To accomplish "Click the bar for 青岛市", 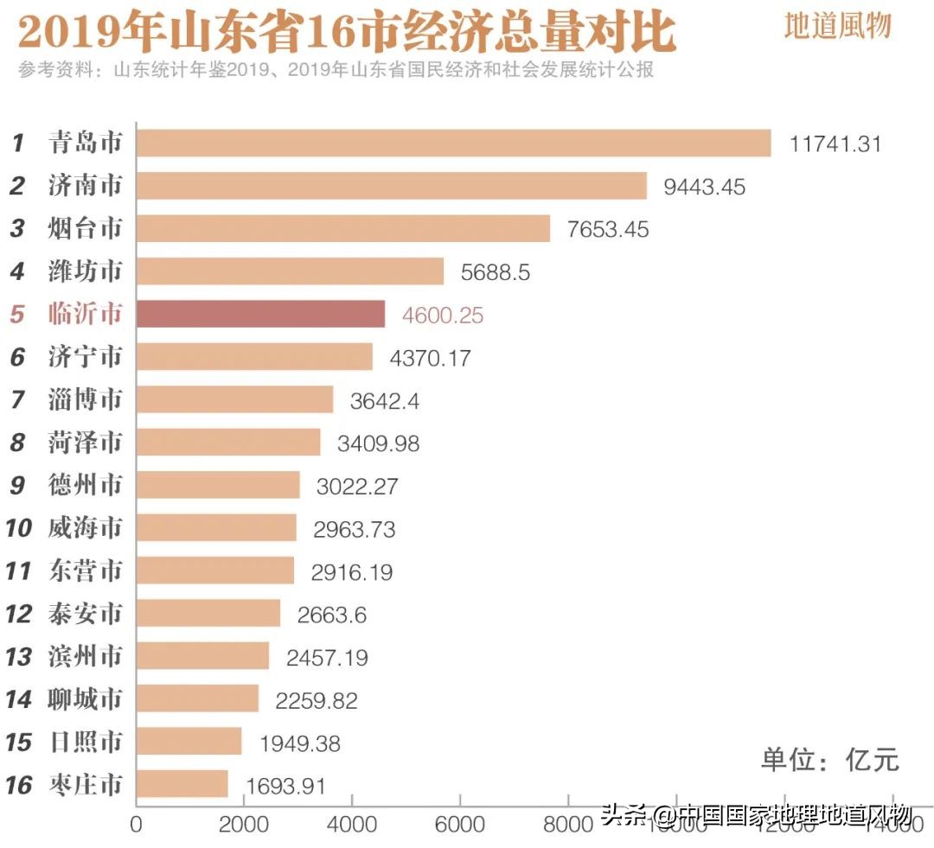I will (x=453, y=143).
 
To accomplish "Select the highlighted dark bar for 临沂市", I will (x=260, y=315).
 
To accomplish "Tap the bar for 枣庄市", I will (x=182, y=785).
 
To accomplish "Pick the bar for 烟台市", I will (x=343, y=229).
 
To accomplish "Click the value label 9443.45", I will (x=704, y=187).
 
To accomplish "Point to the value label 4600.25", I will (x=442, y=316).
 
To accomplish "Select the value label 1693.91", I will (x=285, y=786).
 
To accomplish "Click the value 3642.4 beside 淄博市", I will (x=383, y=401).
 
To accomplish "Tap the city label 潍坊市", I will (x=85, y=272).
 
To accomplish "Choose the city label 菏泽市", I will (x=85, y=443).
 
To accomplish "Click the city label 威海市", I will (x=85, y=528).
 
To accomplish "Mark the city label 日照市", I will (x=85, y=743).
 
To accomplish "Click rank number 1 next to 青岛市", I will (x=17, y=143).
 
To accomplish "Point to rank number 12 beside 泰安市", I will (x=18, y=615).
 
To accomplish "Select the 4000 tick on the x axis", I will (x=352, y=825).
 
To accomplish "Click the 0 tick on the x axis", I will (x=136, y=825).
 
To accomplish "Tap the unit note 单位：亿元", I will (x=830, y=760).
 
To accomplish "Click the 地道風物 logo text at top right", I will (x=836, y=27).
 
